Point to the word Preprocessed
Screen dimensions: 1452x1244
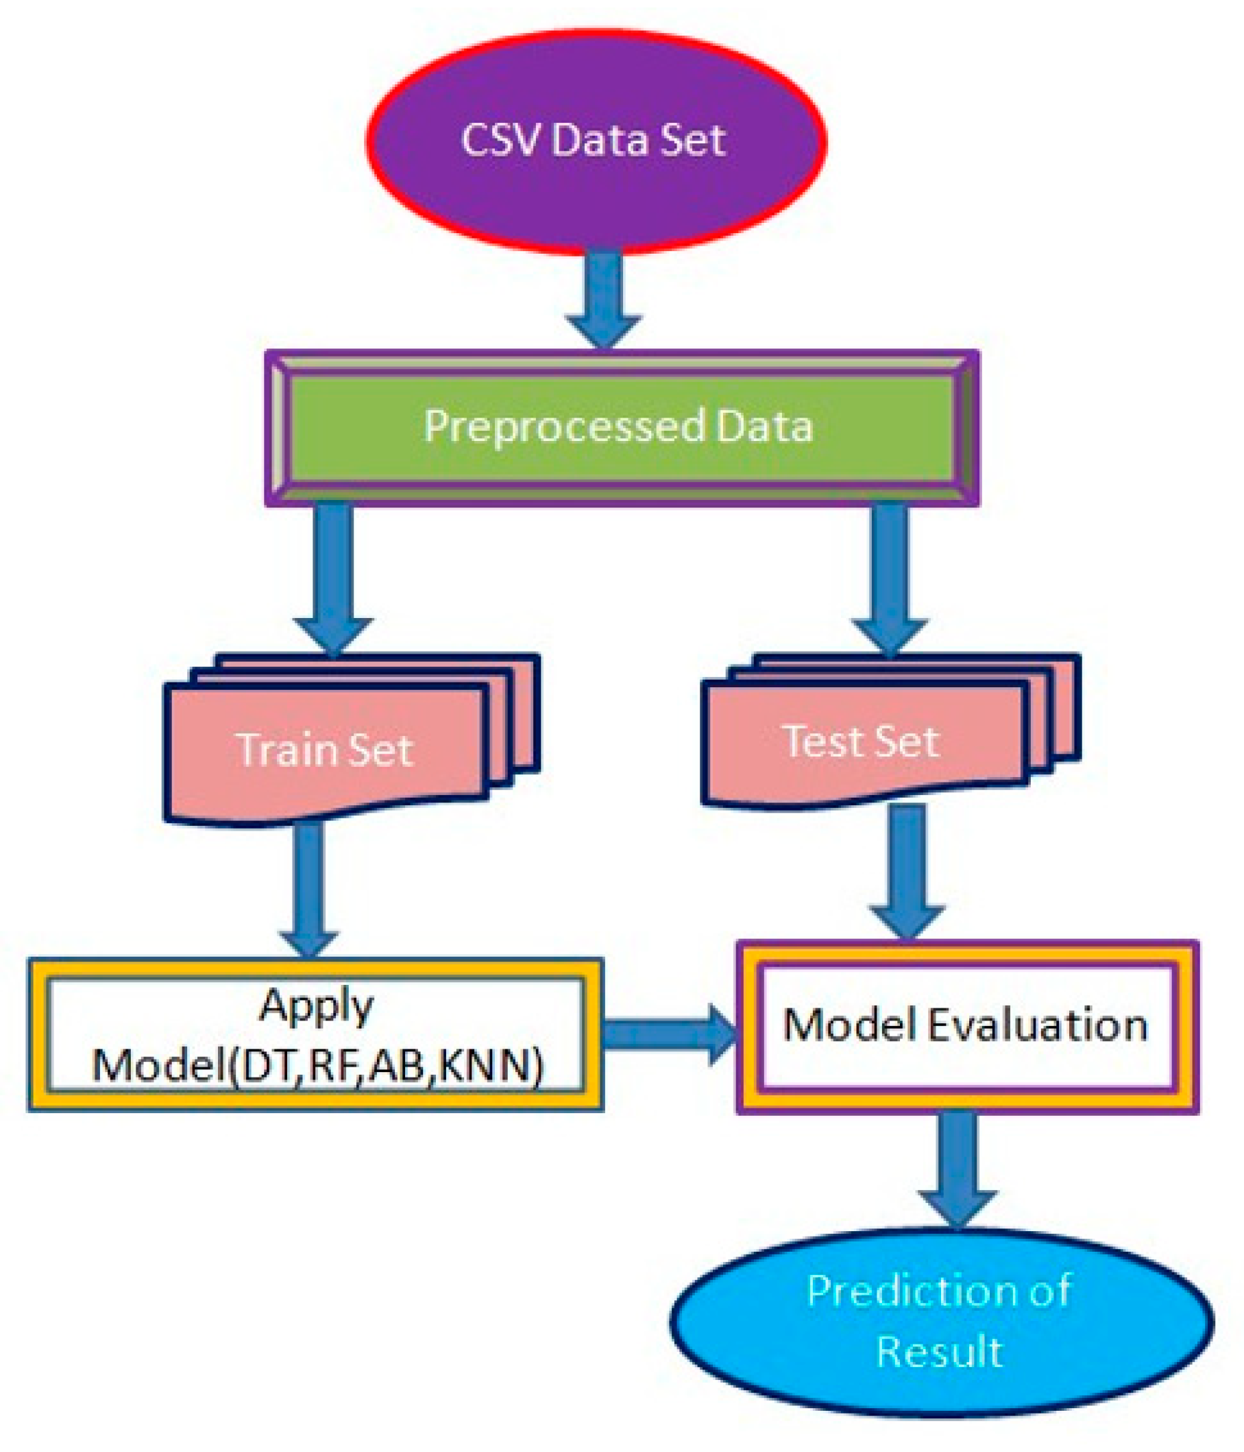tap(564, 427)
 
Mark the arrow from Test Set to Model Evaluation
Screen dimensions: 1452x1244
tap(907, 869)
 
